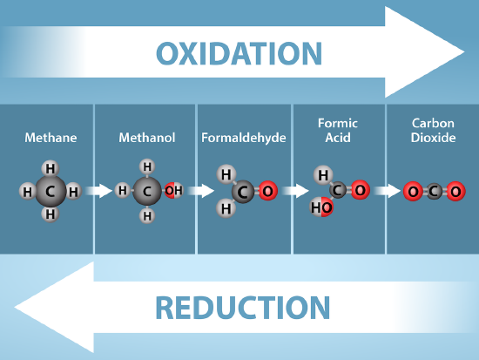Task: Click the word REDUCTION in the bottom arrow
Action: point(243,307)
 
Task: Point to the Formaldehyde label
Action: point(244,138)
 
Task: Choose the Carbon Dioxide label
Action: point(433,131)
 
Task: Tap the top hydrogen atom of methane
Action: point(51,168)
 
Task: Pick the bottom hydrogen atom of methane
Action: point(51,214)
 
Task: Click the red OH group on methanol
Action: point(173,191)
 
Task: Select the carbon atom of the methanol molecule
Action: point(147,191)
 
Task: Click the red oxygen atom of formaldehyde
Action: point(266,191)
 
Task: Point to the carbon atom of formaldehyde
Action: point(244,191)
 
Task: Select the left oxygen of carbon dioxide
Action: point(411,191)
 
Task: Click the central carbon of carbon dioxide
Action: point(433,191)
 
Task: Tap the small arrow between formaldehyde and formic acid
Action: point(297,191)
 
